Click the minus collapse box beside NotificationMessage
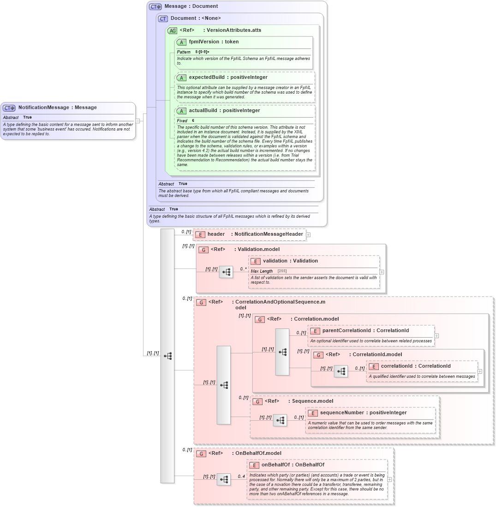pyautogui.click(x=137, y=121)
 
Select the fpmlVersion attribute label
pyautogui.click(x=204, y=42)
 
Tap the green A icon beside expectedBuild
pyautogui.click(x=182, y=78)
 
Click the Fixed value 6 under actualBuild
pyautogui.click(x=193, y=120)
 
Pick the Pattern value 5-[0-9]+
pyautogui.click(x=202, y=52)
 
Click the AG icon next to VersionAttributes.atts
pyautogui.click(x=172, y=30)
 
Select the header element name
pyautogui.click(x=216, y=234)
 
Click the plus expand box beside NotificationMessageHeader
pyautogui.click(x=308, y=235)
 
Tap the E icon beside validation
pyautogui.click(x=256, y=261)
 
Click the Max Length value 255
pyautogui.click(x=281, y=271)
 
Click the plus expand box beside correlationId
pyautogui.click(x=480, y=371)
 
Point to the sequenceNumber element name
pyautogui.click(x=341, y=413)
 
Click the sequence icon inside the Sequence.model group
pyautogui.click(x=280, y=420)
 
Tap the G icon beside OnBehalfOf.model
pyautogui.click(x=201, y=454)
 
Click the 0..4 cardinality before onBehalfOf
pyautogui.click(x=241, y=477)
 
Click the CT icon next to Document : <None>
pyautogui.click(x=163, y=19)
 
